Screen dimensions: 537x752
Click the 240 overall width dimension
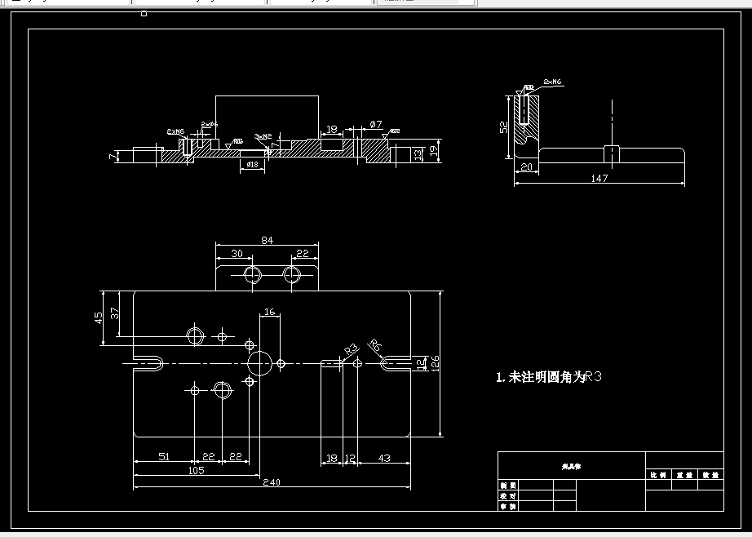coord(272,482)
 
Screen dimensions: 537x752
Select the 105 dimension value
coord(196,470)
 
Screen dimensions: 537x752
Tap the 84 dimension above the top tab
coord(267,239)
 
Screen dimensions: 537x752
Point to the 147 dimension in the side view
coord(599,178)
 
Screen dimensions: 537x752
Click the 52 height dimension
coord(505,126)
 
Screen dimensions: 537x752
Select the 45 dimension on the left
coord(100,317)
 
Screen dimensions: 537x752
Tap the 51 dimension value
coord(163,457)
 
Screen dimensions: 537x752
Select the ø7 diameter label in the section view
coord(375,124)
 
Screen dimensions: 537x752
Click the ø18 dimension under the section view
coord(252,164)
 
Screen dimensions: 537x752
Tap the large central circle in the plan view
coord(259,362)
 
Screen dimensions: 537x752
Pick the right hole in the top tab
coord(293,273)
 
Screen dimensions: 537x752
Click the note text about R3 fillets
coord(548,378)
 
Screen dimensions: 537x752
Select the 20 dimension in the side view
coord(526,167)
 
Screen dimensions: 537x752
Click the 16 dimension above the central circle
coord(270,312)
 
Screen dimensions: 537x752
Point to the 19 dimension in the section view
coord(435,148)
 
